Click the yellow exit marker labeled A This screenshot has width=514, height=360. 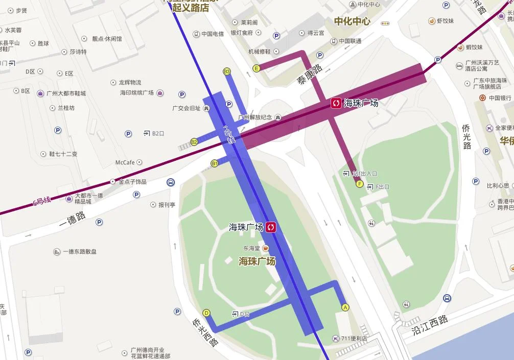[x=345, y=307]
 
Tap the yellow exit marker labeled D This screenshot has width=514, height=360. [x=206, y=313]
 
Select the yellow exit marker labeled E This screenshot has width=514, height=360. [x=256, y=68]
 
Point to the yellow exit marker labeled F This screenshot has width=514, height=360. [x=360, y=184]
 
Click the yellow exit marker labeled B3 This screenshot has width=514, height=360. [x=227, y=71]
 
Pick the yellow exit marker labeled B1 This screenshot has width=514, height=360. [x=215, y=163]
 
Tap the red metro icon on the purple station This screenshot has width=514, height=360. [x=336, y=103]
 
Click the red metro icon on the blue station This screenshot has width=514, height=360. [x=271, y=227]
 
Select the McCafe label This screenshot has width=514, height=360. [x=125, y=162]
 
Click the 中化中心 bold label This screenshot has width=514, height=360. [x=352, y=21]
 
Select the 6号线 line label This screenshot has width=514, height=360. [x=42, y=201]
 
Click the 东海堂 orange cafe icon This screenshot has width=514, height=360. [x=265, y=248]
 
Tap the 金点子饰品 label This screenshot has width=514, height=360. [x=132, y=182]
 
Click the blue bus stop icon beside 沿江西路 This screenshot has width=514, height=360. [x=447, y=298]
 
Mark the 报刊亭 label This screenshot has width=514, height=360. [x=167, y=205]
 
